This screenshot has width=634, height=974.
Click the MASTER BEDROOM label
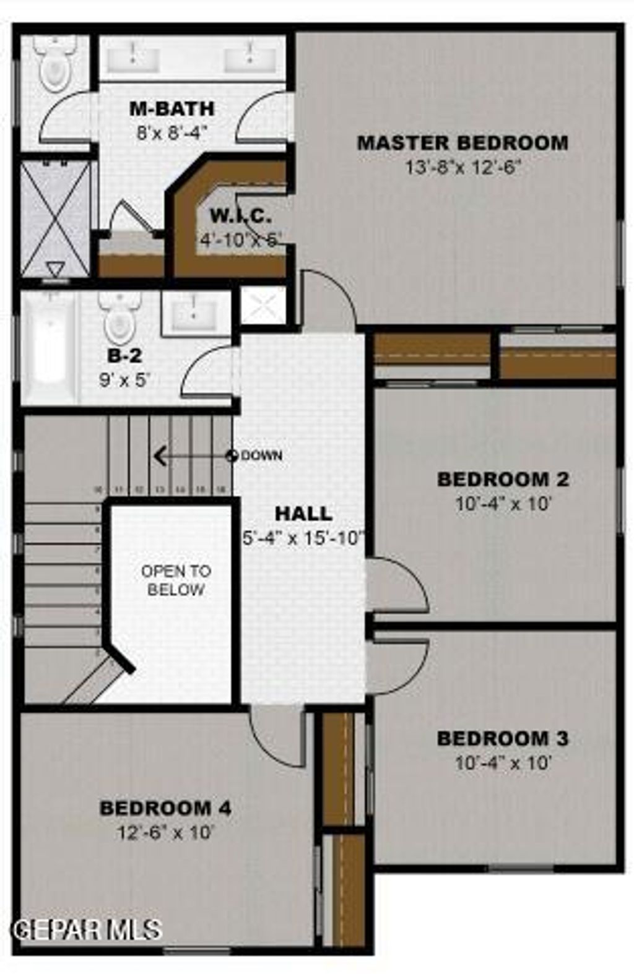462,143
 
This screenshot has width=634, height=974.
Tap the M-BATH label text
172,109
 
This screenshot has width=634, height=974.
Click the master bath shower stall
55,220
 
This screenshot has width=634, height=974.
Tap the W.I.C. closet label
241,217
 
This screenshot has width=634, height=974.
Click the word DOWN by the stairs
261,456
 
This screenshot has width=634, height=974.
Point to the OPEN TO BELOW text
176,580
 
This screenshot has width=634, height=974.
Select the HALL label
303,514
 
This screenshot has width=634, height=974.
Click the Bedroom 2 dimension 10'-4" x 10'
503,504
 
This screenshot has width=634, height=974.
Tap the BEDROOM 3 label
502,739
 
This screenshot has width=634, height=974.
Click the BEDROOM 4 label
165,808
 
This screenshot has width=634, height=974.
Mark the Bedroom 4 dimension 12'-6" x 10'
165,833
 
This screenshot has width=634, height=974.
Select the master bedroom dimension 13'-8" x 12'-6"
462,167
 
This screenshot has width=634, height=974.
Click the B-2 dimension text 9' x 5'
125,380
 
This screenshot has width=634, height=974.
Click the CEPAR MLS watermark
87,929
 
